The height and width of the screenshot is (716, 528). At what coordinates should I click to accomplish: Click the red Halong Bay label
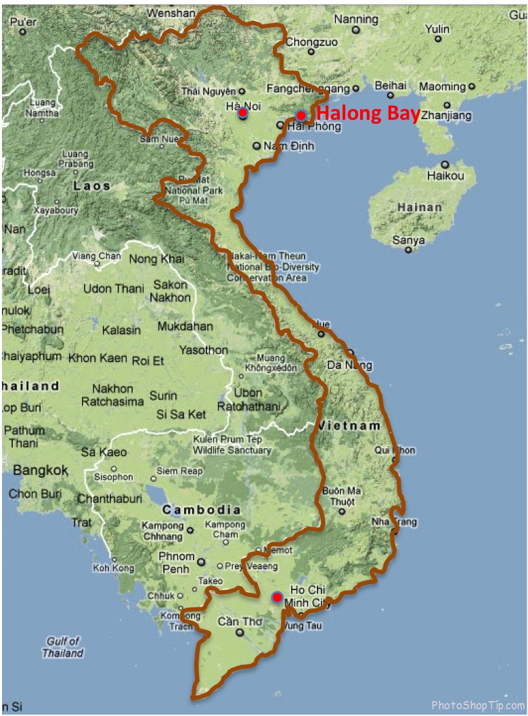[x=368, y=114]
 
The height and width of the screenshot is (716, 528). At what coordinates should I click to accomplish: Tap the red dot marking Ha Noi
[x=242, y=112]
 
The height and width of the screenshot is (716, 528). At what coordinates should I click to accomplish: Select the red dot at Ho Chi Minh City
[x=277, y=597]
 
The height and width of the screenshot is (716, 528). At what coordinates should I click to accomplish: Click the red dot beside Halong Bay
[x=301, y=115]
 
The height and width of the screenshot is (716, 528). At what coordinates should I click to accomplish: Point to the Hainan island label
[x=420, y=207]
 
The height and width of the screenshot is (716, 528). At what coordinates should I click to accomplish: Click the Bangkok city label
[x=41, y=470]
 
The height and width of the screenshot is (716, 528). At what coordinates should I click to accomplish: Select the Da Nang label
[x=349, y=365]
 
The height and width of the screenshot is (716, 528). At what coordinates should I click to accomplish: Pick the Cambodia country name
[x=201, y=510]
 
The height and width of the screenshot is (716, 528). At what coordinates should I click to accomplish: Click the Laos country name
[x=91, y=185]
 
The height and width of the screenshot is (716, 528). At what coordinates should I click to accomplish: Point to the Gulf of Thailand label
[x=63, y=647]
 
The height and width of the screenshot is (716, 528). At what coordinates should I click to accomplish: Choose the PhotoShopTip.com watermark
[x=478, y=705]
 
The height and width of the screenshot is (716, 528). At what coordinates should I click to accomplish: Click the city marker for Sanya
[x=408, y=250]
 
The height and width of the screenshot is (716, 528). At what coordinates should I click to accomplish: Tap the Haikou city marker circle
[x=445, y=164]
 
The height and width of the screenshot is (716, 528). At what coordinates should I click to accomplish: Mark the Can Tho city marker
[x=240, y=633]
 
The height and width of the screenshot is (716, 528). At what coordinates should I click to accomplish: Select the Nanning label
[x=356, y=20]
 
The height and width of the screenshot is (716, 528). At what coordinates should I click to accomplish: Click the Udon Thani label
[x=113, y=288]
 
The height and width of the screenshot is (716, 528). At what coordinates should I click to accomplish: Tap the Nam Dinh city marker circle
[x=257, y=146]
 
